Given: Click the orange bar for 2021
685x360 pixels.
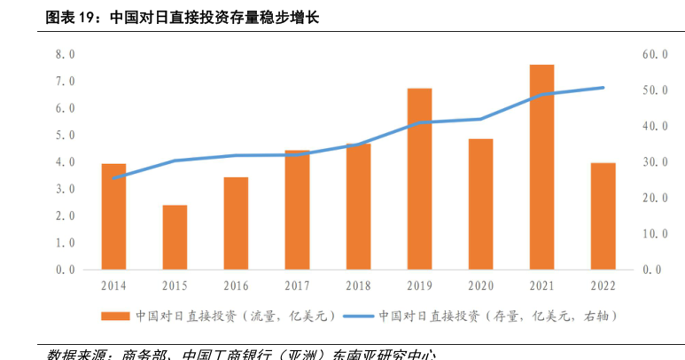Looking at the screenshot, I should tap(541, 167).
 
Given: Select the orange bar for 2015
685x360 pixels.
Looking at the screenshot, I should tap(175, 237).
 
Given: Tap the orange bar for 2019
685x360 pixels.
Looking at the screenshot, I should tap(419, 178).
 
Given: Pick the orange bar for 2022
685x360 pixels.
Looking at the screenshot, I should tap(603, 215).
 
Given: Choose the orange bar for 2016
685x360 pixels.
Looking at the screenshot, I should tap(236, 223).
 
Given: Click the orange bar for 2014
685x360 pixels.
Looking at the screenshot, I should tap(113, 216).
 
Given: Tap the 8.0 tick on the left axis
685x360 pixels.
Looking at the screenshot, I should tap(65, 55).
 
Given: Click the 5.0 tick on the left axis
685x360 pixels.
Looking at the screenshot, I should tap(65, 136).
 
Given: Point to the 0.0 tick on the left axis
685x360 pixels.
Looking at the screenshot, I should tap(65, 270).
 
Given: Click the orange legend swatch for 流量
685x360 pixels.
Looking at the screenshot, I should tap(114, 316).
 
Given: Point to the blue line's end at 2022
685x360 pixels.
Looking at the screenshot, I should tap(603, 88).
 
